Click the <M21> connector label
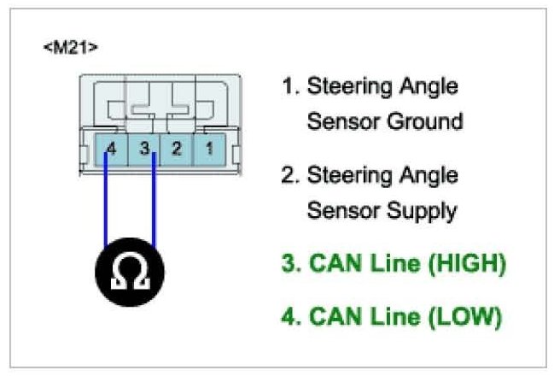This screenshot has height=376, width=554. (x=71, y=47)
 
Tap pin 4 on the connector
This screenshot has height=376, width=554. (x=111, y=148)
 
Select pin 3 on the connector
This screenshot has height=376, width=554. (x=146, y=148)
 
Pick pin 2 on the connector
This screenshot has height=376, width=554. (x=177, y=148)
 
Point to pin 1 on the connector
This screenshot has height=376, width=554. (x=207, y=148)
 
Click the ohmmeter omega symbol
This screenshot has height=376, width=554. (x=128, y=273)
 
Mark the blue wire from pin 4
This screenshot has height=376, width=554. (x=105, y=205)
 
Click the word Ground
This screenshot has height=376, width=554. (x=421, y=121)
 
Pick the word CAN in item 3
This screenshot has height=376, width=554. (x=332, y=264)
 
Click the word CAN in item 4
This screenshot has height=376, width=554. (x=332, y=317)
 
